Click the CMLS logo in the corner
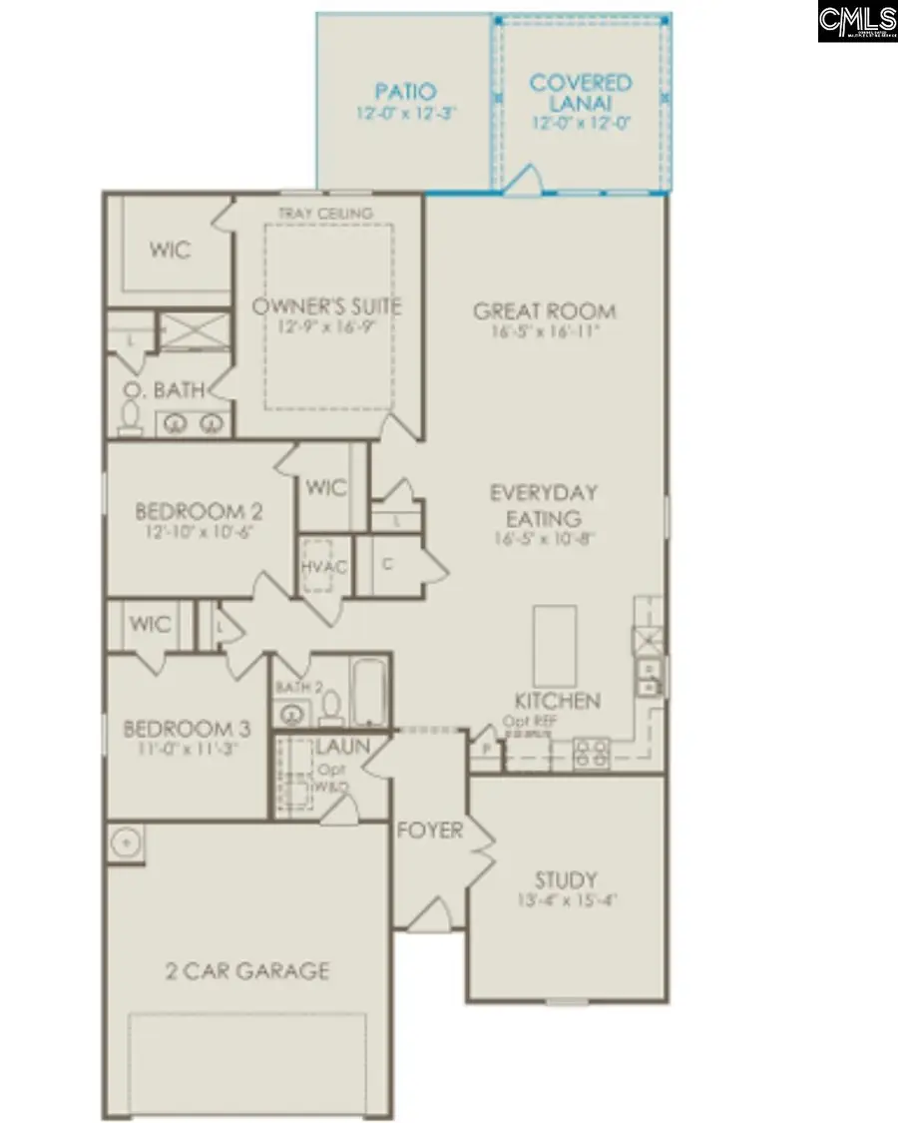click(856, 21)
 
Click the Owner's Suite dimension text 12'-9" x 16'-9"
click(326, 327)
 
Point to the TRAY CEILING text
click(325, 214)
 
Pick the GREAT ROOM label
click(545, 311)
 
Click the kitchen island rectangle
click(554, 645)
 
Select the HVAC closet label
click(324, 567)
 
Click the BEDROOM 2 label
click(200, 512)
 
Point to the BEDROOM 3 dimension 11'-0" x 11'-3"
click(181, 749)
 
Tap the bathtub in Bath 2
click(367, 692)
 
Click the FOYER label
click(430, 831)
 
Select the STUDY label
click(566, 880)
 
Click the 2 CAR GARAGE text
click(246, 970)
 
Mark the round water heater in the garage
click(127, 842)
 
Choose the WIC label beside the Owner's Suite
click(170, 250)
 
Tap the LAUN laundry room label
click(343, 747)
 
